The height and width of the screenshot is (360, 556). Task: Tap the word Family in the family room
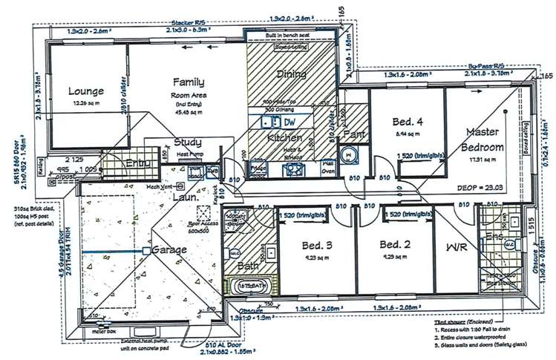[x=189, y=83]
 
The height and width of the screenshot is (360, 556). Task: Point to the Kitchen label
[x=284, y=137]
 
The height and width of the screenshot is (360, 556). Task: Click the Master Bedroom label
[x=487, y=139]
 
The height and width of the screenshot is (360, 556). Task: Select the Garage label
[x=169, y=251]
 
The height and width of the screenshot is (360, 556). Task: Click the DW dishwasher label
[x=289, y=121]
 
